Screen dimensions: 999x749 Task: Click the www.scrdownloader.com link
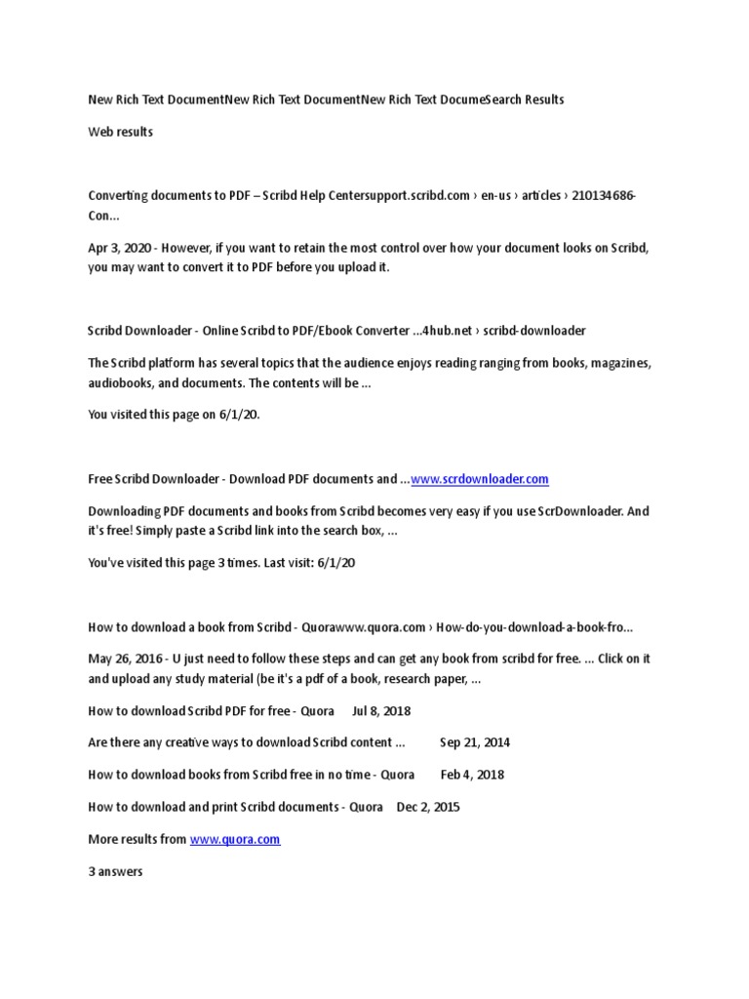pyautogui.click(x=480, y=479)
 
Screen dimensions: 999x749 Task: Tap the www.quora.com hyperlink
pyautogui.click(x=235, y=839)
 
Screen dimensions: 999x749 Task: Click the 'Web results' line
pyautogui.click(x=120, y=132)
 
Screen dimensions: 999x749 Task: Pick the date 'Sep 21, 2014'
pyautogui.click(x=475, y=742)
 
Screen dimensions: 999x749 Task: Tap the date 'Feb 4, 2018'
pyautogui.click(x=472, y=775)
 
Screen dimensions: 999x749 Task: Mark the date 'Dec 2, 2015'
pyautogui.click(x=428, y=807)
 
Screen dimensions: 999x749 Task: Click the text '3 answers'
pyautogui.click(x=115, y=871)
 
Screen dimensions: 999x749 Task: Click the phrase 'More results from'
pyautogui.click(x=137, y=839)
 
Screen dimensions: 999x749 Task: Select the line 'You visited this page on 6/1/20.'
pyautogui.click(x=175, y=415)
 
